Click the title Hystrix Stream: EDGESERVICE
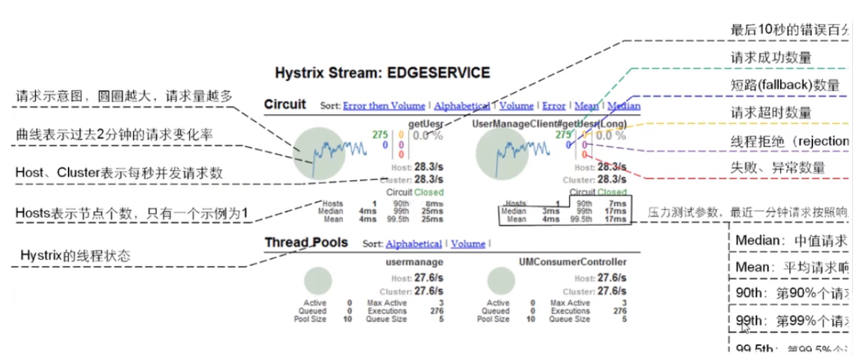click(x=382, y=73)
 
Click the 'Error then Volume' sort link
click(x=384, y=106)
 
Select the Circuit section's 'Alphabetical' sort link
click(x=462, y=106)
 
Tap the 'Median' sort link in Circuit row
click(x=624, y=106)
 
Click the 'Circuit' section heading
click(x=285, y=105)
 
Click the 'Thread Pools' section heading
click(x=306, y=243)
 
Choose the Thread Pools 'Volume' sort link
click(x=468, y=244)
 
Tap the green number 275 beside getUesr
click(x=380, y=133)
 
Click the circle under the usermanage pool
click(x=318, y=283)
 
